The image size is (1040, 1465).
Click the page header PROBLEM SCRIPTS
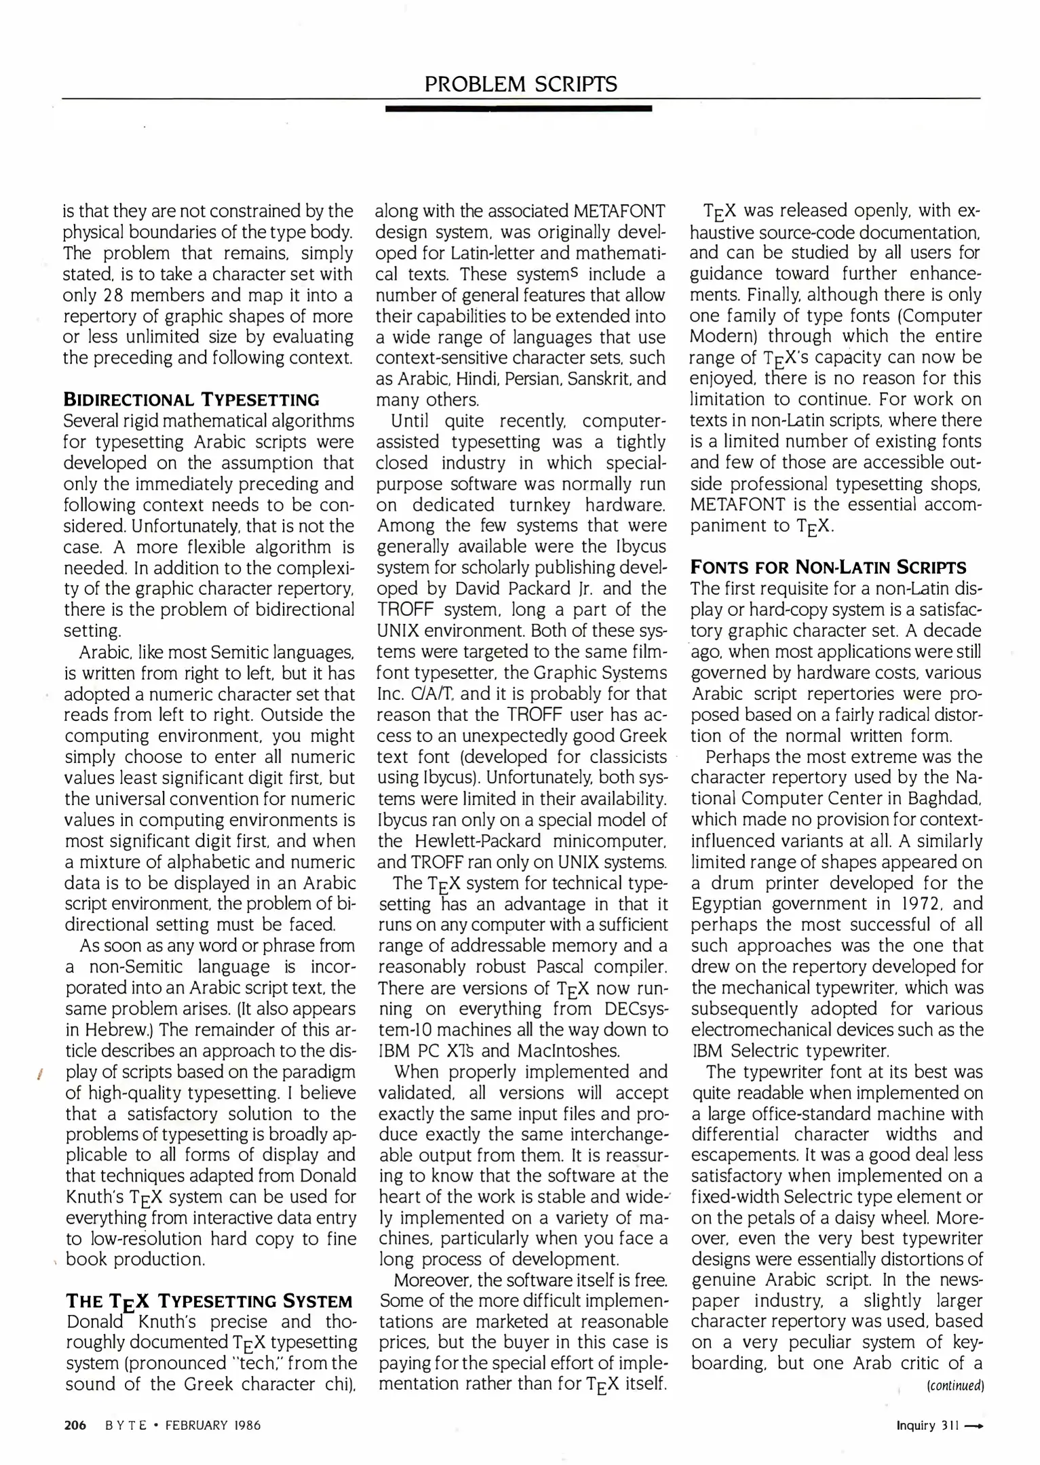[x=520, y=84]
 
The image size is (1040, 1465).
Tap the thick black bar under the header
[x=518, y=109]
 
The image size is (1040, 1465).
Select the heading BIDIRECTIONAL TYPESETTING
[x=191, y=399]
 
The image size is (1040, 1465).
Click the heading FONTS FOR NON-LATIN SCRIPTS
[x=828, y=567]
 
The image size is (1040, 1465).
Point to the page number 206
[x=75, y=1425]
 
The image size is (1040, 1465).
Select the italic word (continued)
[x=955, y=1386]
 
